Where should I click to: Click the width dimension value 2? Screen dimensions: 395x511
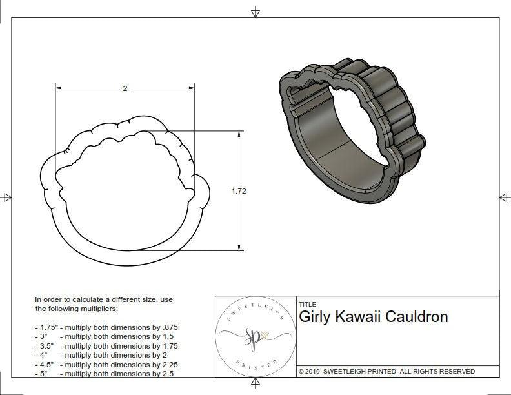pyautogui.click(x=125, y=88)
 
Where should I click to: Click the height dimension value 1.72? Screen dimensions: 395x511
pyautogui.click(x=239, y=191)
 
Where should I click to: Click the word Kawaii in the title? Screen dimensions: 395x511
pyautogui.click(x=361, y=317)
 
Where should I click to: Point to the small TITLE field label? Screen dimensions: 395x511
pyautogui.click(x=306, y=304)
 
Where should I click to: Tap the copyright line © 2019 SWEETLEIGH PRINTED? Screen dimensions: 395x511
pyautogui.click(x=386, y=372)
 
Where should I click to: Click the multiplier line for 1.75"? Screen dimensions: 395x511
pyautogui.click(x=106, y=327)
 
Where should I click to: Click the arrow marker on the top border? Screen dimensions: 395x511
pyautogui.click(x=255, y=12)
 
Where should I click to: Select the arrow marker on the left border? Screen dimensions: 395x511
pyautogui.click(x=6, y=197)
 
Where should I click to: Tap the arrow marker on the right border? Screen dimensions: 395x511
pyautogui.click(x=504, y=197)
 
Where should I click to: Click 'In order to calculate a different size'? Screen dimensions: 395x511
pyautogui.click(x=104, y=300)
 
